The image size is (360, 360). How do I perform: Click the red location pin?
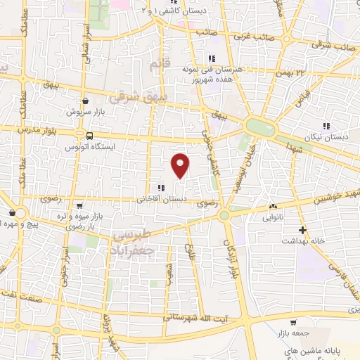click(x=181, y=165)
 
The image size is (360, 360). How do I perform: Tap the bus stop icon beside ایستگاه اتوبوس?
click(x=89, y=136)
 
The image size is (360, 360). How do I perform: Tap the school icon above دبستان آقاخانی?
click(x=161, y=188)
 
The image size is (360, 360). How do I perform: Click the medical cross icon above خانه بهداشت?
click(x=302, y=230)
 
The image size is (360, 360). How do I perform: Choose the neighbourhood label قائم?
click(x=160, y=65)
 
